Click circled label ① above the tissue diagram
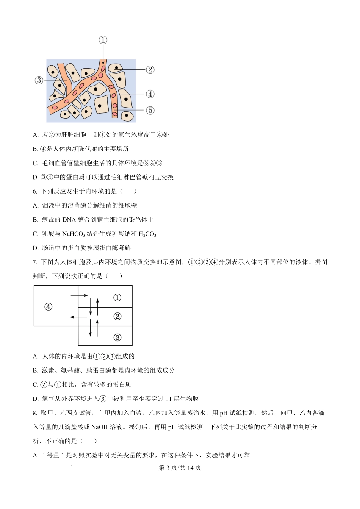pyautogui.click(x=103, y=40)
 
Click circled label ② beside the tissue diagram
pyautogui.click(x=150, y=70)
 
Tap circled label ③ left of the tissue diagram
pyautogui.click(x=39, y=80)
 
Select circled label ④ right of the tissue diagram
pyautogui.click(x=150, y=94)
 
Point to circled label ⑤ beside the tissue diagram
pyautogui.click(x=150, y=110)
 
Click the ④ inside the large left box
pyautogui.click(x=48, y=307)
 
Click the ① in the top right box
pyautogui.click(x=117, y=298)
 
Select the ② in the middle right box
pyautogui.click(x=117, y=316)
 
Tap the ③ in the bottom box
pyautogui.click(x=117, y=337)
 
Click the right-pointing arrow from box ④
pyautogui.click(x=79, y=295)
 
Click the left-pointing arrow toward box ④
pyautogui.click(x=78, y=317)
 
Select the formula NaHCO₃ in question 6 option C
pyautogui.click(x=74, y=234)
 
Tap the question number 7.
pyautogui.click(x=35, y=262)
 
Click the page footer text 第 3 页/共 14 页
pyautogui.click(x=180, y=468)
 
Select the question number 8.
pyautogui.click(x=35, y=413)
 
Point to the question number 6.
pyautogui.click(x=35, y=191)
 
